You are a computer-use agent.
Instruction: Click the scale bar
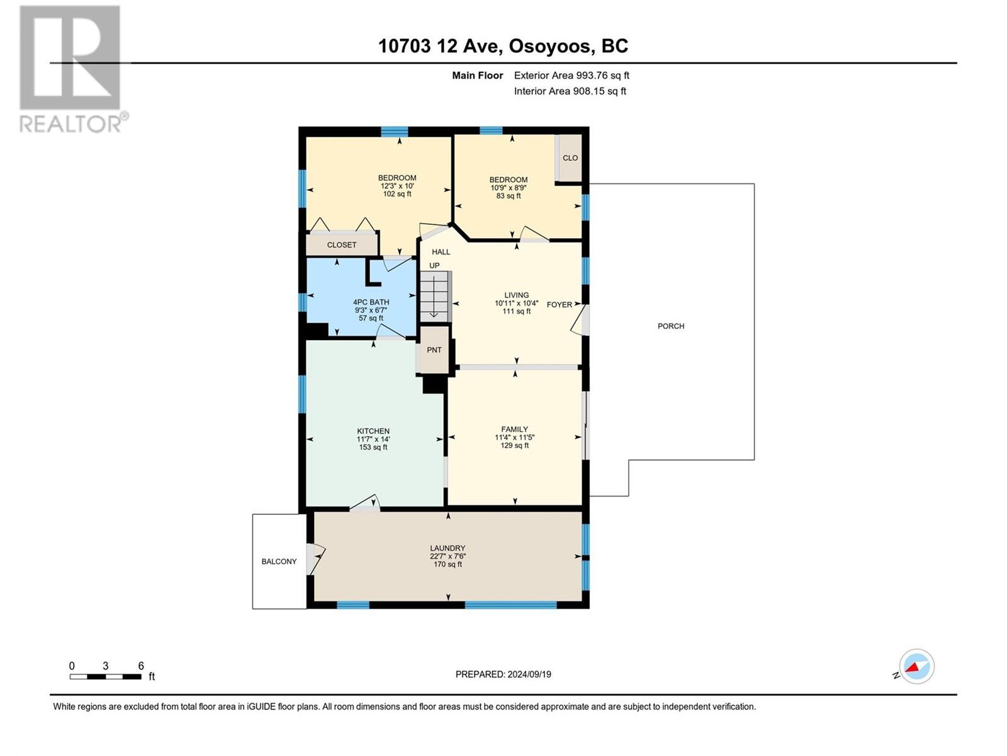[x=106, y=677]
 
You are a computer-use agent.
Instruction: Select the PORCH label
[x=671, y=326]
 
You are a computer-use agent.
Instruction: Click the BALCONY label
[x=279, y=561]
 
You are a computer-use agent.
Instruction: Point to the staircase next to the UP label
[x=436, y=296]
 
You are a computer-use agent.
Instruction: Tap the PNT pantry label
[x=434, y=350]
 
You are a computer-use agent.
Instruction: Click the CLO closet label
[x=570, y=158]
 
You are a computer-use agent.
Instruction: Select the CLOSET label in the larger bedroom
[x=341, y=245]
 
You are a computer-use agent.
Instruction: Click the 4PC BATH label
[x=371, y=302]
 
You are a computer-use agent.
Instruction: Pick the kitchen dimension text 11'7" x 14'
[x=373, y=439]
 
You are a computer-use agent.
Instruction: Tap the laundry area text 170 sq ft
[x=447, y=564]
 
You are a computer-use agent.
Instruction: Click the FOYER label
[x=560, y=305]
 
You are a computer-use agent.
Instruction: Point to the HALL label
[x=441, y=252]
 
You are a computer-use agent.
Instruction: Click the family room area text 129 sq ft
[x=515, y=445]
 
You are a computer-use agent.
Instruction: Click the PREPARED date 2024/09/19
[x=529, y=674]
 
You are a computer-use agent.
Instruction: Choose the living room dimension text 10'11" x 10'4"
[x=517, y=304]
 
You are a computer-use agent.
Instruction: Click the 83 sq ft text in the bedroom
[x=509, y=196]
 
